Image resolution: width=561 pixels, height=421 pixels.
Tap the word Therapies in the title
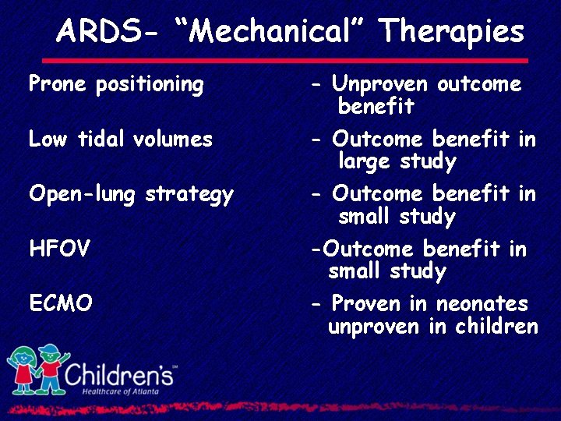[451, 32]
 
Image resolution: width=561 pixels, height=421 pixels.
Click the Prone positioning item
[116, 84]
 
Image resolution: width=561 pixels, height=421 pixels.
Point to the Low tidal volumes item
[120, 140]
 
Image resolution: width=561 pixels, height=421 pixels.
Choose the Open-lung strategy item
[131, 195]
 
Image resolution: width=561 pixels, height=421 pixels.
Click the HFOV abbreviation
[59, 249]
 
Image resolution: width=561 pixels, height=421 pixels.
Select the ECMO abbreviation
[61, 304]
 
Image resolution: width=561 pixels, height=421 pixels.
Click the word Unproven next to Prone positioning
[381, 84]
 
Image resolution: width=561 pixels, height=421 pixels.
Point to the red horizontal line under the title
[284, 60]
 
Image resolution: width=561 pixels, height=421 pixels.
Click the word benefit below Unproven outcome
[376, 107]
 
